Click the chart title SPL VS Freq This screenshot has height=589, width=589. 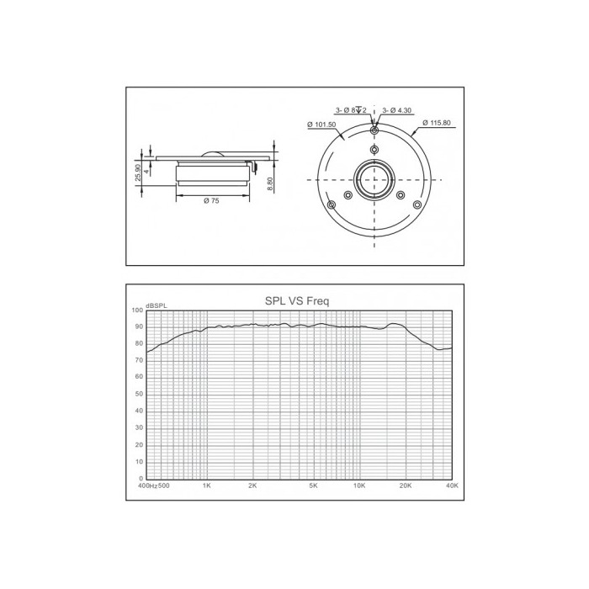[x=297, y=301]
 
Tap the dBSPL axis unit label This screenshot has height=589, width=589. [x=157, y=305]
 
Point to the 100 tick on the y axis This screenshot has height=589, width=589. [x=137, y=310]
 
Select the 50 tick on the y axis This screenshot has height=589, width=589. [x=139, y=394]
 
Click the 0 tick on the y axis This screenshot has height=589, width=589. [x=141, y=479]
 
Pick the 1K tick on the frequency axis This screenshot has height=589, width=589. [x=207, y=486]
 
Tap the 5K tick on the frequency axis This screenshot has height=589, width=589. [x=313, y=486]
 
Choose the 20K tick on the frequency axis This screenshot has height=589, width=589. [x=406, y=486]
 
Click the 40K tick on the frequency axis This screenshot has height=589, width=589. [x=453, y=486]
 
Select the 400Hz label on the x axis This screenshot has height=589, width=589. [x=147, y=486]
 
